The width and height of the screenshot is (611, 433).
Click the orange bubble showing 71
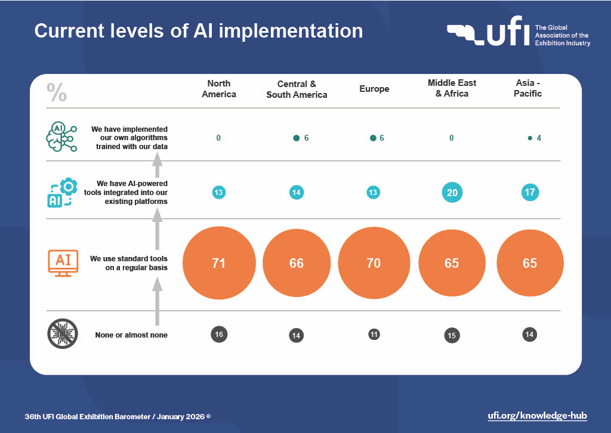[x=219, y=263]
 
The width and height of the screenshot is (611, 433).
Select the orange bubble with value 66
[x=297, y=263]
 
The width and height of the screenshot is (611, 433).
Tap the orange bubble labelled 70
[x=374, y=263]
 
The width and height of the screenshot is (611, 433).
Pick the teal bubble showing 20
[x=452, y=192]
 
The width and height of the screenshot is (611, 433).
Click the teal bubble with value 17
[x=530, y=192]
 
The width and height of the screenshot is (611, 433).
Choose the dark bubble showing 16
[x=219, y=334]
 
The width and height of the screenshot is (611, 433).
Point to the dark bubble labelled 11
[x=374, y=334]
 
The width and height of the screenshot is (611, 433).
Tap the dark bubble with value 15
[x=452, y=335]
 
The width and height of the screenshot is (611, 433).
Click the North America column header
[x=219, y=89]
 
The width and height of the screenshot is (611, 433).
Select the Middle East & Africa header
[x=452, y=88]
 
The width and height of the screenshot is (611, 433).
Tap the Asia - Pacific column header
[x=528, y=88]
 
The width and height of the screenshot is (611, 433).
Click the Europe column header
[x=374, y=89]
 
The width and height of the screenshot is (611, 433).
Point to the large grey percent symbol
[x=57, y=93]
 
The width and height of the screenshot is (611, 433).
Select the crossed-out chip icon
[x=62, y=335]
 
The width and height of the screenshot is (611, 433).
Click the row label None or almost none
[x=131, y=335]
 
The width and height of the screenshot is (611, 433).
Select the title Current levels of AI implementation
[x=198, y=31]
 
